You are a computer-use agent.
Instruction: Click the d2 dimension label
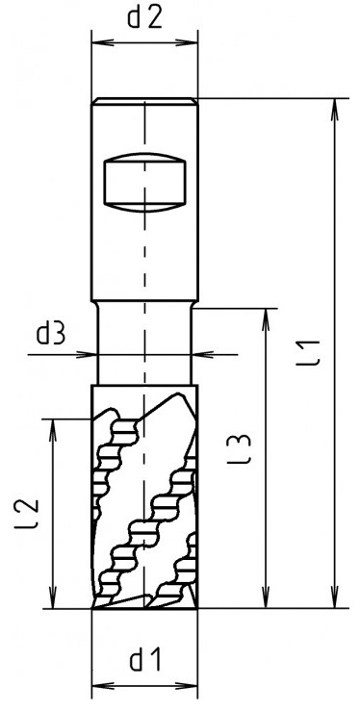click(x=144, y=18)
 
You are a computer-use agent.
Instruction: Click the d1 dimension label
click(x=145, y=661)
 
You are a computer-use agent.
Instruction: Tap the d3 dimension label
click(x=51, y=335)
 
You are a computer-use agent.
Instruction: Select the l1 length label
click(x=313, y=353)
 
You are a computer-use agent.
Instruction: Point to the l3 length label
click(x=239, y=449)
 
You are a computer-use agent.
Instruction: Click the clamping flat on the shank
click(x=144, y=183)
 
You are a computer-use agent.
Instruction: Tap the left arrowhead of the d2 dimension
click(x=102, y=42)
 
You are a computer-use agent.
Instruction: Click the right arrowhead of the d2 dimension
click(x=187, y=42)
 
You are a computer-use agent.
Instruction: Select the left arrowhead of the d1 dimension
click(x=102, y=685)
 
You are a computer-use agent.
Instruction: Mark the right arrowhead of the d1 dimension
click(x=187, y=685)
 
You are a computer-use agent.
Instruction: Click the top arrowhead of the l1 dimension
click(x=335, y=110)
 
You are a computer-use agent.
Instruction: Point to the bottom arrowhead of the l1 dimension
click(x=335, y=597)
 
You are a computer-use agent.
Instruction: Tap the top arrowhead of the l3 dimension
click(x=266, y=319)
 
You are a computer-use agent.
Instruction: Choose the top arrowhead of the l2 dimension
click(x=54, y=430)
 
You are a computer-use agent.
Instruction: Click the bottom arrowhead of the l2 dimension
click(x=54, y=597)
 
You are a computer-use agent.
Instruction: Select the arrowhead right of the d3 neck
click(x=203, y=354)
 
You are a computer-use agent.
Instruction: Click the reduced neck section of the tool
click(x=144, y=343)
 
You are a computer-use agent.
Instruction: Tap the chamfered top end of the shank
click(x=144, y=101)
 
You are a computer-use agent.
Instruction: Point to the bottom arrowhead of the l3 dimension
click(x=266, y=597)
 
